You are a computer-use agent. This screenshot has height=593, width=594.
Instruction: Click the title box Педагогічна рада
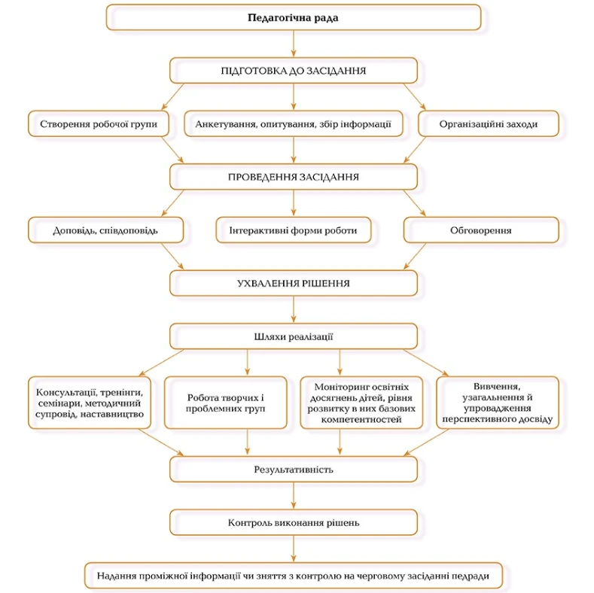click(x=294, y=17)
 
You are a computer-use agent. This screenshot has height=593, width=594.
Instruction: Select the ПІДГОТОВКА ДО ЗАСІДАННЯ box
click(x=294, y=71)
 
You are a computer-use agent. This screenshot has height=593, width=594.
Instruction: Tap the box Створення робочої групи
click(x=99, y=124)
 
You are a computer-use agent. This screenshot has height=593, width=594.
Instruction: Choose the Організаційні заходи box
click(x=489, y=124)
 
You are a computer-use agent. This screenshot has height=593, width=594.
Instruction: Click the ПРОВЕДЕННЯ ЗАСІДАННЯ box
click(x=294, y=177)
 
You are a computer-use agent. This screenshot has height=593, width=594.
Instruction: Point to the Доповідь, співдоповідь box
click(x=105, y=230)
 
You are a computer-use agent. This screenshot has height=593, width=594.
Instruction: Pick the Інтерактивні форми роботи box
click(x=293, y=230)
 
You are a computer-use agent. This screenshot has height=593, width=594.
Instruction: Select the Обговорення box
click(x=481, y=230)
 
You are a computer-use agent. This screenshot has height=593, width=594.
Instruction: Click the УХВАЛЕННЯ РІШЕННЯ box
click(x=294, y=284)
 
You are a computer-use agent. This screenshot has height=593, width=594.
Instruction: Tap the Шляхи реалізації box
click(x=294, y=336)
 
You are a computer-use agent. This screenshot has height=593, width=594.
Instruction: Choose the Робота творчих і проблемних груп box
click(x=225, y=403)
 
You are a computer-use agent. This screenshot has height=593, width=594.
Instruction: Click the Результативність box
click(x=294, y=470)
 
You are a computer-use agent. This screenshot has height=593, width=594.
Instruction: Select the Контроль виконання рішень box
click(x=294, y=522)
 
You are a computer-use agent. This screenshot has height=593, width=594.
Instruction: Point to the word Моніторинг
click(x=338, y=387)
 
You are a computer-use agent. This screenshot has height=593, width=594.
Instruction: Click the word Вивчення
click(x=497, y=387)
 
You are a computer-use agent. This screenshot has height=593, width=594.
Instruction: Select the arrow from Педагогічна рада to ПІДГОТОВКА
click(x=294, y=44)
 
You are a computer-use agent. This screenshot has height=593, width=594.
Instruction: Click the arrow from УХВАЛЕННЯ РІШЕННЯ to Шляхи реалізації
click(x=294, y=310)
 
